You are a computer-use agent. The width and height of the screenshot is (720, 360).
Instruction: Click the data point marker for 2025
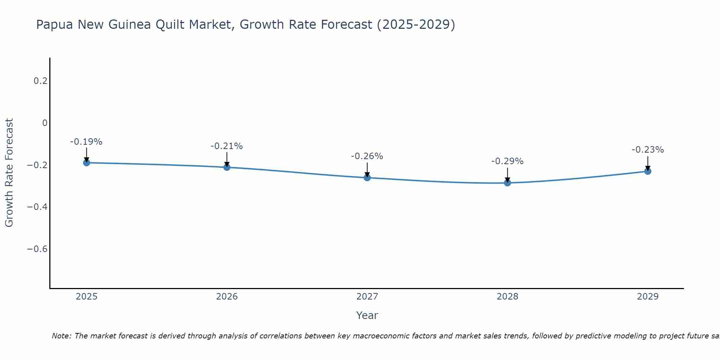86,163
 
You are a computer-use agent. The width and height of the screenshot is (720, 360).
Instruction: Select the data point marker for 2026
227,167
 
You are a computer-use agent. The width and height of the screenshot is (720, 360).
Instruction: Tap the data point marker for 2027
367,177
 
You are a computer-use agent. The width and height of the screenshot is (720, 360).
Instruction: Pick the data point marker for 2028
508,183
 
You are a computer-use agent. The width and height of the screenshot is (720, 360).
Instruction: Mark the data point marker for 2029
648,171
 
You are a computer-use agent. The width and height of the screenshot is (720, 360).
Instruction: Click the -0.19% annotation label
86,142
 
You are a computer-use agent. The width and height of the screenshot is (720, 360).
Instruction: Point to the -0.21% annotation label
227,146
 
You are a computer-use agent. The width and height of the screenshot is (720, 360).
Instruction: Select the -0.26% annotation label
367,156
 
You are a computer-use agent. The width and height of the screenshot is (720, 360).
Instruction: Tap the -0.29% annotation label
508,161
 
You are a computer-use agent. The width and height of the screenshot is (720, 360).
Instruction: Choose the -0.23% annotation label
648,150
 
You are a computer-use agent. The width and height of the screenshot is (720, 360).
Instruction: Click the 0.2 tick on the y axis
40,81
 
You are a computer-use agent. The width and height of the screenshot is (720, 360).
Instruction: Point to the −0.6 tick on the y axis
37,249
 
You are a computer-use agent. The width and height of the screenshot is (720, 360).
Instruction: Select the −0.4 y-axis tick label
37,207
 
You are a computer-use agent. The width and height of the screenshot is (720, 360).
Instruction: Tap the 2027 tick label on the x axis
367,297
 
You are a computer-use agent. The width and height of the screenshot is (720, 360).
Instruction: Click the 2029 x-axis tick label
648,297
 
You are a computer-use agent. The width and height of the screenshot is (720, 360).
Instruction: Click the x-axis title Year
367,315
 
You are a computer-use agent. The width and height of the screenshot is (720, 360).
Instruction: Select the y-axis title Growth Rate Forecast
9,173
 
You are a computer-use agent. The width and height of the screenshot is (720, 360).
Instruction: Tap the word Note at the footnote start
61,336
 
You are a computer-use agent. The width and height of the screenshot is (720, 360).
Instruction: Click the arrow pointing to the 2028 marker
508,175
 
